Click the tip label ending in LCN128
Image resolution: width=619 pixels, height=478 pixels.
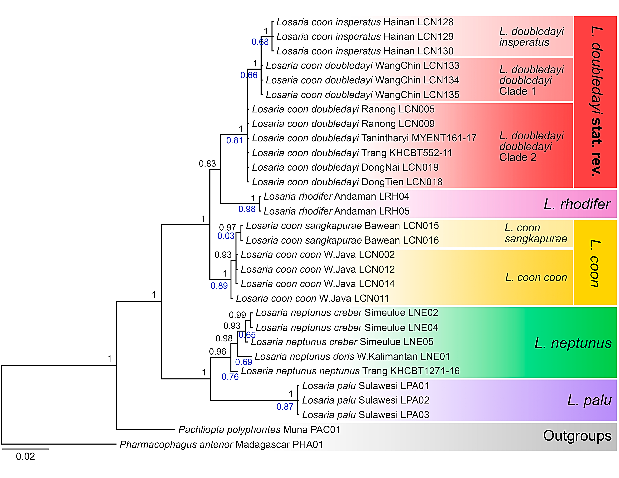[365, 22]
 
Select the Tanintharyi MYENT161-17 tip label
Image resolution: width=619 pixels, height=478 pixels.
[364, 138]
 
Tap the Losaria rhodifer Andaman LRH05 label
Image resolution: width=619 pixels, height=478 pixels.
[336, 211]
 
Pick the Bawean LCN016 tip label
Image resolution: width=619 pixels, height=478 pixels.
[342, 240]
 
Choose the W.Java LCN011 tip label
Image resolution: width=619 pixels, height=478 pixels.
[312, 298]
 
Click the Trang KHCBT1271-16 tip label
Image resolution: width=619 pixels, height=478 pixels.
[350, 371]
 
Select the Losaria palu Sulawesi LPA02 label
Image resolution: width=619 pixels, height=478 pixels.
[366, 400]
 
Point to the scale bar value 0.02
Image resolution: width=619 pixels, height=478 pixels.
[25, 456]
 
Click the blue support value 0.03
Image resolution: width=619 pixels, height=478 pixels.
[226, 236]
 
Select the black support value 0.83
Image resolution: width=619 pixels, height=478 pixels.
[207, 164]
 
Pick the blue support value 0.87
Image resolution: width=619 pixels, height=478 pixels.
[285, 407]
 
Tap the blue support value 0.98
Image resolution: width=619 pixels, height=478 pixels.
[247, 209]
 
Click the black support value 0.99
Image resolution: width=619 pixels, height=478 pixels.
[237, 315]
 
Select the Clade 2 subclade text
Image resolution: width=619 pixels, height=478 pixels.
[518, 157]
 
